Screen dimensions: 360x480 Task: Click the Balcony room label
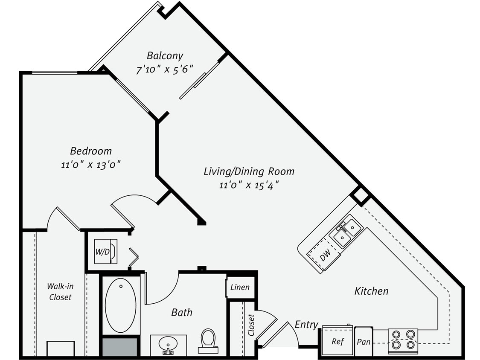click(x=165, y=55)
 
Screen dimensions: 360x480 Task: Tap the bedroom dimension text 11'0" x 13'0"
click(x=90, y=165)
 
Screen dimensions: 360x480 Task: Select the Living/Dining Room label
click(x=249, y=171)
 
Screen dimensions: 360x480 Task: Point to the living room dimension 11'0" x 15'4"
click(x=249, y=185)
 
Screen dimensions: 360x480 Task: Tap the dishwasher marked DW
click(x=325, y=256)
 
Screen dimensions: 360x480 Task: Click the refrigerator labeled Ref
click(x=337, y=341)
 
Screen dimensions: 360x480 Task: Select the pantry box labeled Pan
click(x=364, y=341)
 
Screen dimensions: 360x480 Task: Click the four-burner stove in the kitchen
click(x=402, y=340)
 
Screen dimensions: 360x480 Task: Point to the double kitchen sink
click(x=347, y=231)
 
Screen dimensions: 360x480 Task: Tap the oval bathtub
click(x=121, y=305)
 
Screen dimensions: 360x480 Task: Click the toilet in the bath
click(x=208, y=340)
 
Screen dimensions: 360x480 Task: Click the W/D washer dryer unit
click(x=105, y=252)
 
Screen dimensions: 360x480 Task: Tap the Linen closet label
click(x=240, y=287)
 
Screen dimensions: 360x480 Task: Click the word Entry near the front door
click(x=306, y=325)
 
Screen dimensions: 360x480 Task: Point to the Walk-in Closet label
click(x=60, y=292)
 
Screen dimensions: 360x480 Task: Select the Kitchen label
click(x=371, y=291)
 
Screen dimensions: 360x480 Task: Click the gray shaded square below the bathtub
click(x=120, y=346)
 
